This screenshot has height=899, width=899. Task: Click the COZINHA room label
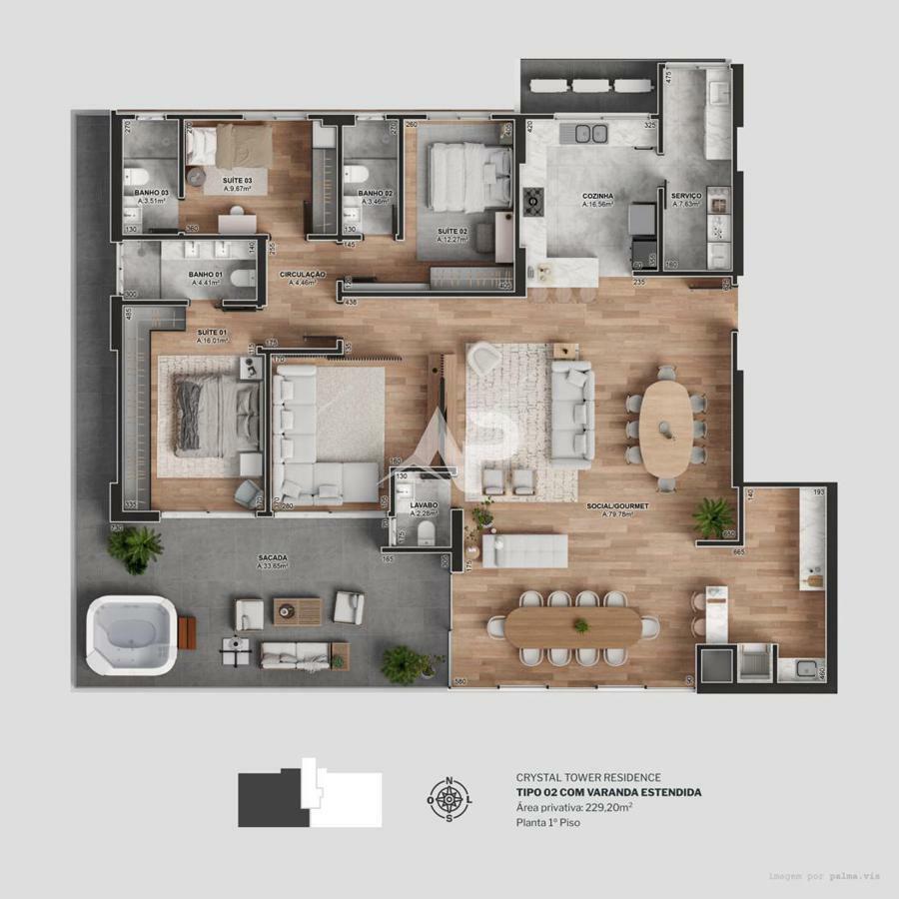coord(597,196)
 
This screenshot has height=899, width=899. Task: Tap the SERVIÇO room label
coord(686,196)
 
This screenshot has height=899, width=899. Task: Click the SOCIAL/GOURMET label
coord(617,506)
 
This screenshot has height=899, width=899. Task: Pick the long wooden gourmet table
coord(573,627)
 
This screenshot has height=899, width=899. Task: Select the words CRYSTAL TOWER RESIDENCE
coord(588,777)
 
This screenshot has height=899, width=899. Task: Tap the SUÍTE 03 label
coord(238,180)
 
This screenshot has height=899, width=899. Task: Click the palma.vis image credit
coord(824,876)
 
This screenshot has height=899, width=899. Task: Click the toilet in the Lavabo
coord(425,530)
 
